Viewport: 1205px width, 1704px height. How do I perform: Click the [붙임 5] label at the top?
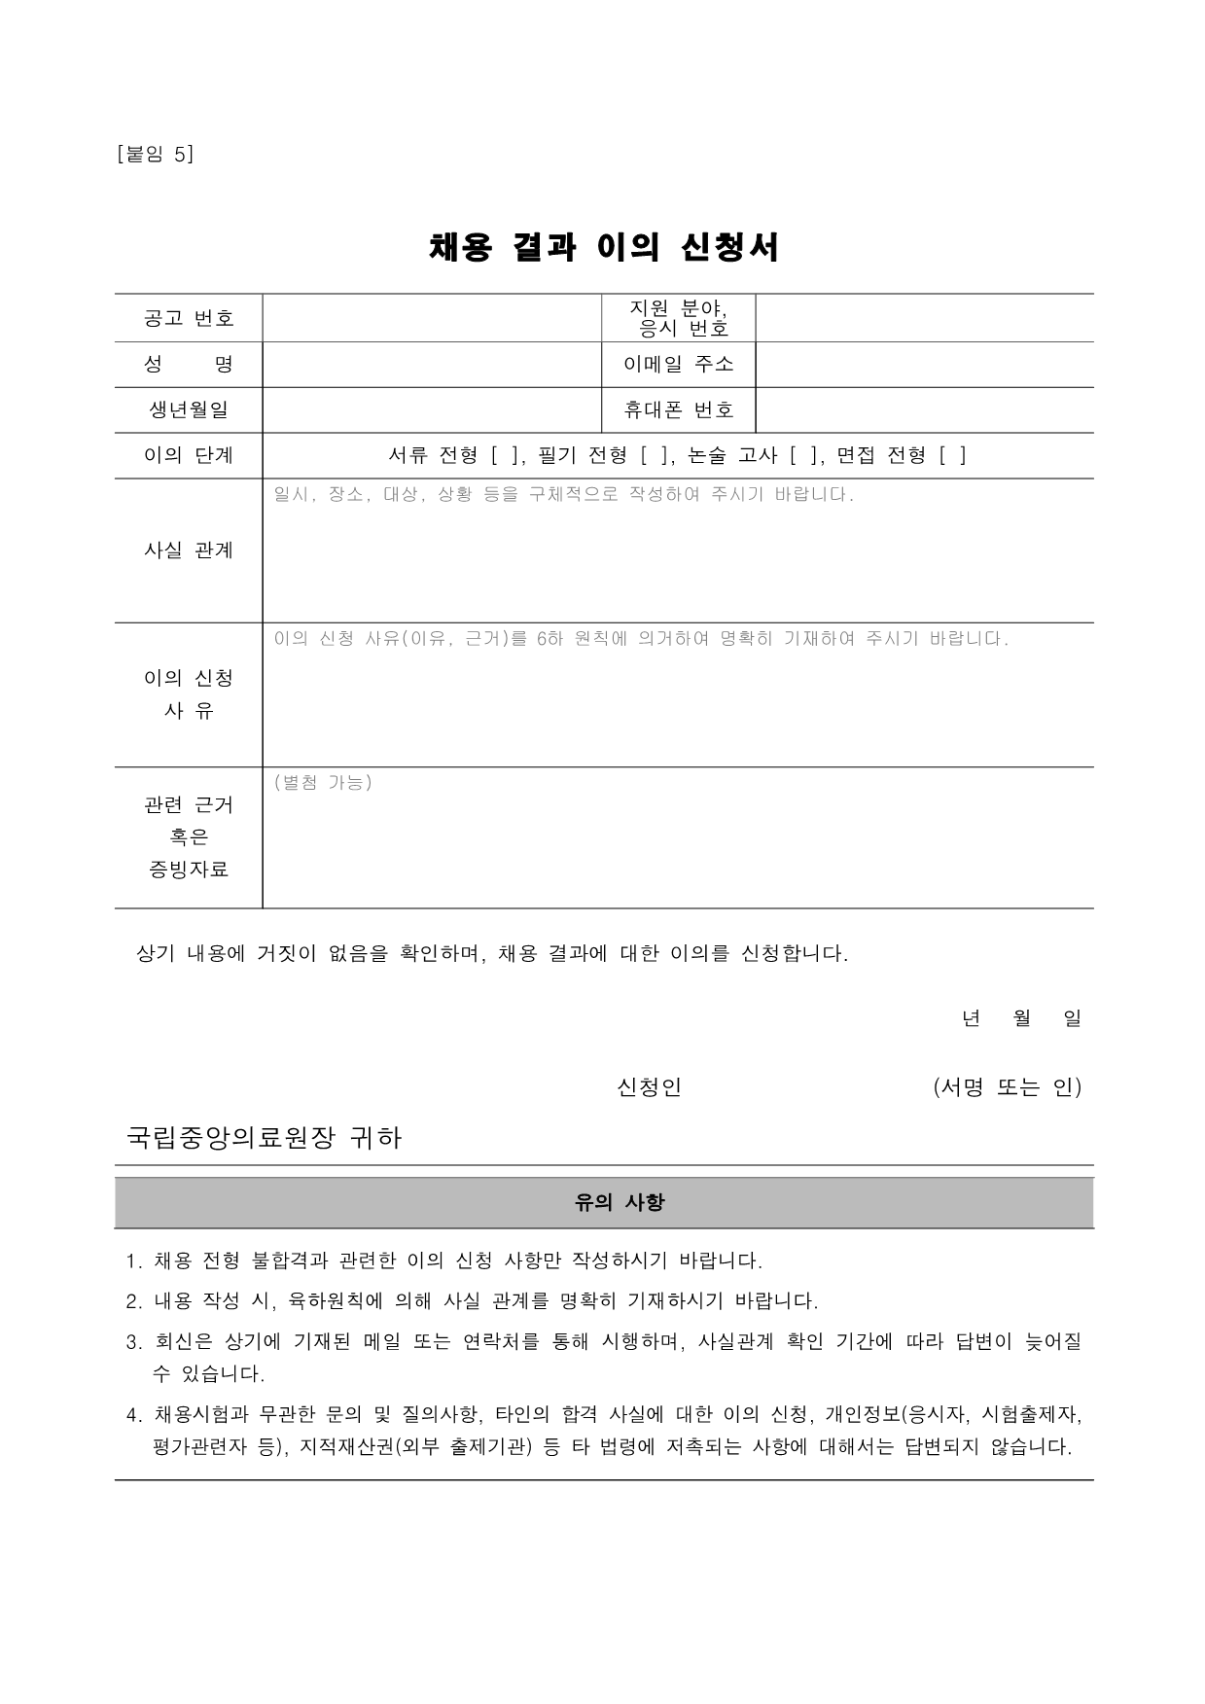click(155, 154)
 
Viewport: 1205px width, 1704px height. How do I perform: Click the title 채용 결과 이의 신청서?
click(604, 248)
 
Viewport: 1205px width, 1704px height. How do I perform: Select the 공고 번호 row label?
click(189, 318)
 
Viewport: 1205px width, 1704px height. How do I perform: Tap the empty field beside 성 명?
click(432, 365)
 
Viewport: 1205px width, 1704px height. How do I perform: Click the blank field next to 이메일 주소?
click(924, 365)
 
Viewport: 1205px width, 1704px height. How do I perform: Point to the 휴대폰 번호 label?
click(679, 410)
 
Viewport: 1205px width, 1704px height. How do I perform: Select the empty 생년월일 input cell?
click(432, 410)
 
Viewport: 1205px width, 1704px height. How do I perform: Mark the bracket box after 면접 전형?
click(953, 455)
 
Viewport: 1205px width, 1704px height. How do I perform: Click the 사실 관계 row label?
click(189, 550)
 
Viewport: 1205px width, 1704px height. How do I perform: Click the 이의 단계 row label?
click(189, 455)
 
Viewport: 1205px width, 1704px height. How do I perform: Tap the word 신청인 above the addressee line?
click(649, 1087)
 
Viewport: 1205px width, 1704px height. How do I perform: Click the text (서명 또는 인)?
click(1007, 1087)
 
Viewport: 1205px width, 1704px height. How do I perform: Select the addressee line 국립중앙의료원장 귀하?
click(265, 1138)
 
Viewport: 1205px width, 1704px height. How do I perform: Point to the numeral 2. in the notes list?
click(134, 1301)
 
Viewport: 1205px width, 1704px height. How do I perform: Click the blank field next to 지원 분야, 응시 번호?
click(924, 318)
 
